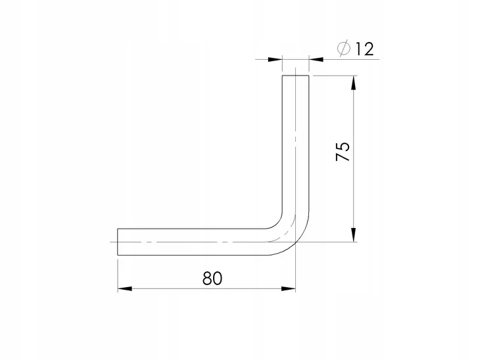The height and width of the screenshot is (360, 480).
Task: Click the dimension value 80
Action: pyautogui.click(x=212, y=279)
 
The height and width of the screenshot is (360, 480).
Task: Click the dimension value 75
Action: pyautogui.click(x=343, y=151)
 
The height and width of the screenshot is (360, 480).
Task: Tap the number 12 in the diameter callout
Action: pyautogui.click(x=364, y=49)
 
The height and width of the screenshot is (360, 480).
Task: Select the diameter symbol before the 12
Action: pyautogui.click(x=343, y=49)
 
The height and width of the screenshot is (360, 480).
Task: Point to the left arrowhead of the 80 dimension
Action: pyautogui.click(x=124, y=288)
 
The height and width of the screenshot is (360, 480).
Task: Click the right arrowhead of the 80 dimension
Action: pyautogui.click(x=289, y=288)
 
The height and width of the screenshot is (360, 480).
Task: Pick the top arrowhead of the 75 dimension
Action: pyautogui.click(x=354, y=83)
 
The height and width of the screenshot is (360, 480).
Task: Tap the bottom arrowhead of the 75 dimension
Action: pyautogui.click(x=354, y=235)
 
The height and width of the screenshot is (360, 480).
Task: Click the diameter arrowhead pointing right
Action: pyautogui.click(x=275, y=59)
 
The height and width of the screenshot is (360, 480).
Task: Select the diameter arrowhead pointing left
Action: pyautogui.click(x=316, y=59)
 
